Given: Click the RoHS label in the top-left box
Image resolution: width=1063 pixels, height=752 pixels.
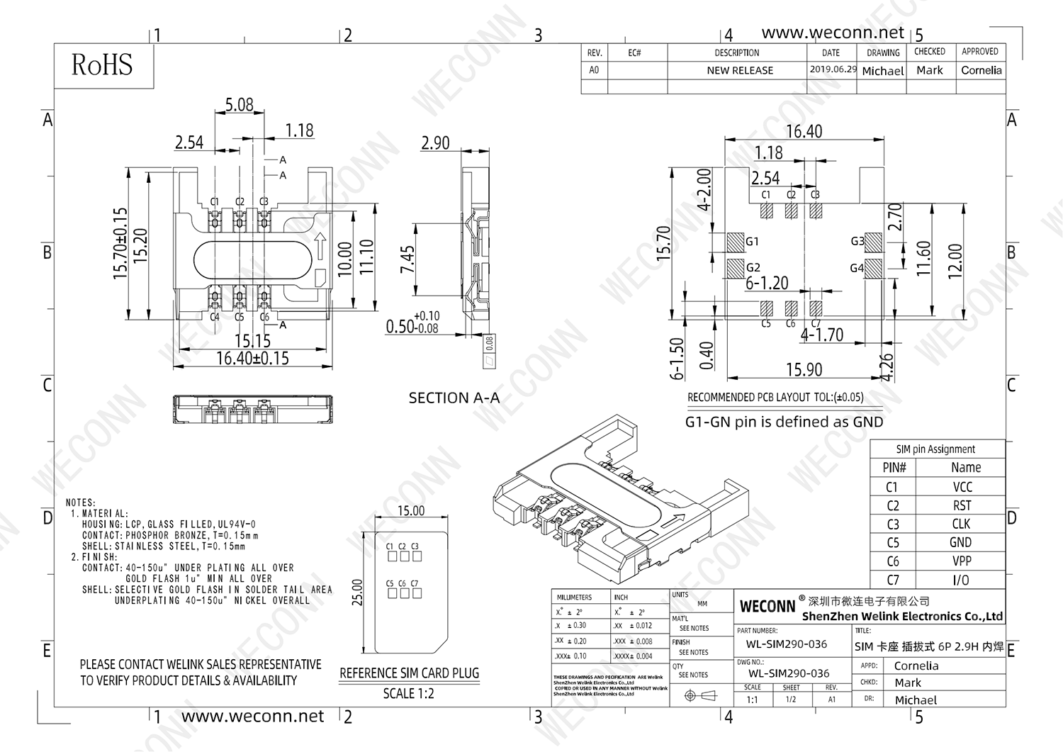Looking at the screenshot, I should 102,65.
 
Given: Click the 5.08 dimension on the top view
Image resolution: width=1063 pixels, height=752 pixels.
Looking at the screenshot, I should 239,105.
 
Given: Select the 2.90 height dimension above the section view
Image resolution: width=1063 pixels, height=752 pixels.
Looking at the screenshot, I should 435,142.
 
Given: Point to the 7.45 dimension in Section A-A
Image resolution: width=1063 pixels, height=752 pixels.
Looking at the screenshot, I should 407,260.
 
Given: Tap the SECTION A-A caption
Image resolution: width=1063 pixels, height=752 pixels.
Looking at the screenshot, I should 454,398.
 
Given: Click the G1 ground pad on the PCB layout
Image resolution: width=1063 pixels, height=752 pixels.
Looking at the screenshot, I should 736,242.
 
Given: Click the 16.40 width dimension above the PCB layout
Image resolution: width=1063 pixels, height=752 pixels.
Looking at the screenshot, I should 804,131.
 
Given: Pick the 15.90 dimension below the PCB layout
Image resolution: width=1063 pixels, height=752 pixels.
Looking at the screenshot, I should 804,369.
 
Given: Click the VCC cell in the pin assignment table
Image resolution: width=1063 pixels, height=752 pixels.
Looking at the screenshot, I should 962,487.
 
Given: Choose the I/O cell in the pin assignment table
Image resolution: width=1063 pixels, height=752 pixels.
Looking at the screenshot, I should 961,580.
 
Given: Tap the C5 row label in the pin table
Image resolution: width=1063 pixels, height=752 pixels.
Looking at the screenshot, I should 892,542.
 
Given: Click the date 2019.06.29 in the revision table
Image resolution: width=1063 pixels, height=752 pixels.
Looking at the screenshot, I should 833,69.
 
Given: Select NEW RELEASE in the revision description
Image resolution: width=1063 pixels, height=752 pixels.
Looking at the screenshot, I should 739,70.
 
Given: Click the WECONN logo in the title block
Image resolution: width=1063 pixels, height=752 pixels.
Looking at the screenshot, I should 767,607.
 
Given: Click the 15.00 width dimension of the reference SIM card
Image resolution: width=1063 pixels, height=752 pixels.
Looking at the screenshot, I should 411,510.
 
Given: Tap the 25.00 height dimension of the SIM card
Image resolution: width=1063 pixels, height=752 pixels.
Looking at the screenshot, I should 358,593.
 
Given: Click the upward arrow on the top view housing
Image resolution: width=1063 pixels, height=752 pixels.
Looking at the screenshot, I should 319,247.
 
